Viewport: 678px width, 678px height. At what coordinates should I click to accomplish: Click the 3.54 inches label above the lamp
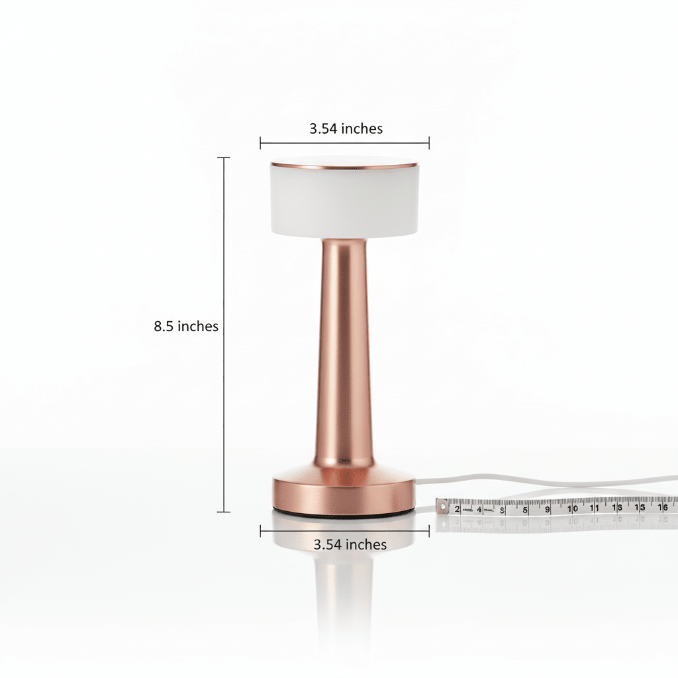click(346, 128)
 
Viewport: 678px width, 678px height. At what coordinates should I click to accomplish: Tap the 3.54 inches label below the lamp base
click(350, 544)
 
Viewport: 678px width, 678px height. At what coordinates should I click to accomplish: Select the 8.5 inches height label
click(186, 326)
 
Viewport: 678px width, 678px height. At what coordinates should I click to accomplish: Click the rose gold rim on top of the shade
click(344, 164)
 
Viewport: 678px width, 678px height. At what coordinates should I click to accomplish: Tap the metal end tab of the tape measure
click(440, 507)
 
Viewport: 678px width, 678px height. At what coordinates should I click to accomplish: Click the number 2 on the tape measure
click(457, 508)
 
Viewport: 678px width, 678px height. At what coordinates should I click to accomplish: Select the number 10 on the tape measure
click(573, 508)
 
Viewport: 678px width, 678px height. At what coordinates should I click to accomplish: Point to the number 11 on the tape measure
click(595, 508)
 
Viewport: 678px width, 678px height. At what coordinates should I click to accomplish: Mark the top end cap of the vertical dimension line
click(224, 158)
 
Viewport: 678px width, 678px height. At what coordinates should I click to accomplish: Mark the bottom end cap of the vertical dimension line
click(224, 512)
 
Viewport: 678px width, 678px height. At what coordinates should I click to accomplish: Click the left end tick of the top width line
click(261, 142)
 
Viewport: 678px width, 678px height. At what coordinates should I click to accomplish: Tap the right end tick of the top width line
click(429, 142)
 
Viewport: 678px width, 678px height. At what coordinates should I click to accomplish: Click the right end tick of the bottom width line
click(429, 530)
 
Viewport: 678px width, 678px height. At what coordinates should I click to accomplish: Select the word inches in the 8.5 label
click(198, 326)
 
